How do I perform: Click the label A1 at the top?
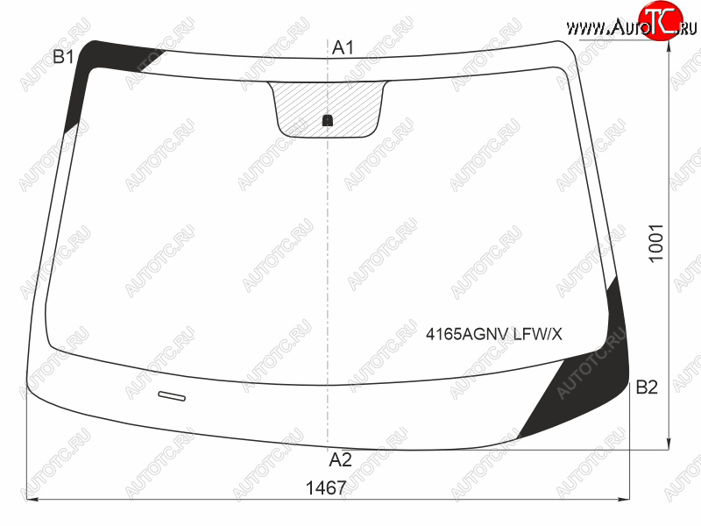343,47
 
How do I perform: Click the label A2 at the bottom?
341,459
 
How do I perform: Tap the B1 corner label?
63,57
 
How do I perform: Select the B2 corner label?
647,387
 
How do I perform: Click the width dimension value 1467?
326,488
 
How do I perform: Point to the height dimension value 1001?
655,244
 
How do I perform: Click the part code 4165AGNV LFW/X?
494,334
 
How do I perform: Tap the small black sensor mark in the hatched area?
328,120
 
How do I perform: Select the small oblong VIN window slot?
172,396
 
